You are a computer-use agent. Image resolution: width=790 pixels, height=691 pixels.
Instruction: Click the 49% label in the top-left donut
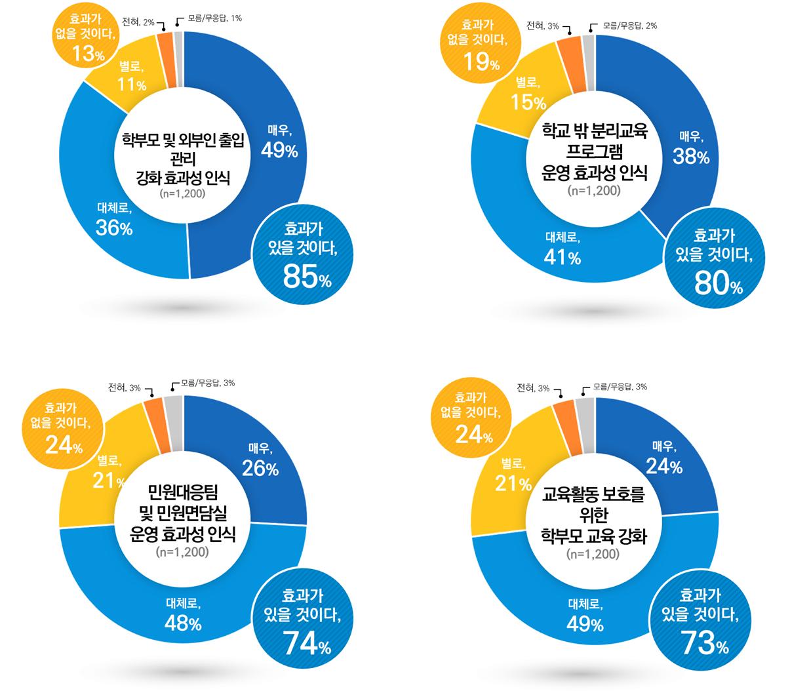tap(279, 151)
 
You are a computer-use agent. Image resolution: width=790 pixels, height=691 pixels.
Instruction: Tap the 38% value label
tap(690, 157)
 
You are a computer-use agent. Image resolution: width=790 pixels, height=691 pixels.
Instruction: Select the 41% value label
tap(562, 257)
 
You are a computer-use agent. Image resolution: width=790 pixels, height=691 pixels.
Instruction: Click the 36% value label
tap(114, 227)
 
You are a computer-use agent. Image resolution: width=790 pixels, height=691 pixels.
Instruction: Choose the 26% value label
tap(260, 469)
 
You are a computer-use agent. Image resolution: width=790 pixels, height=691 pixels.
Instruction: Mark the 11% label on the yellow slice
tap(132, 85)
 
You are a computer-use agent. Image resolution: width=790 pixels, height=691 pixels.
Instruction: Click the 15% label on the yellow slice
tap(528, 102)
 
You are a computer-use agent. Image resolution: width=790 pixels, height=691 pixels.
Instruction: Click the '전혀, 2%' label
tap(138, 22)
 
